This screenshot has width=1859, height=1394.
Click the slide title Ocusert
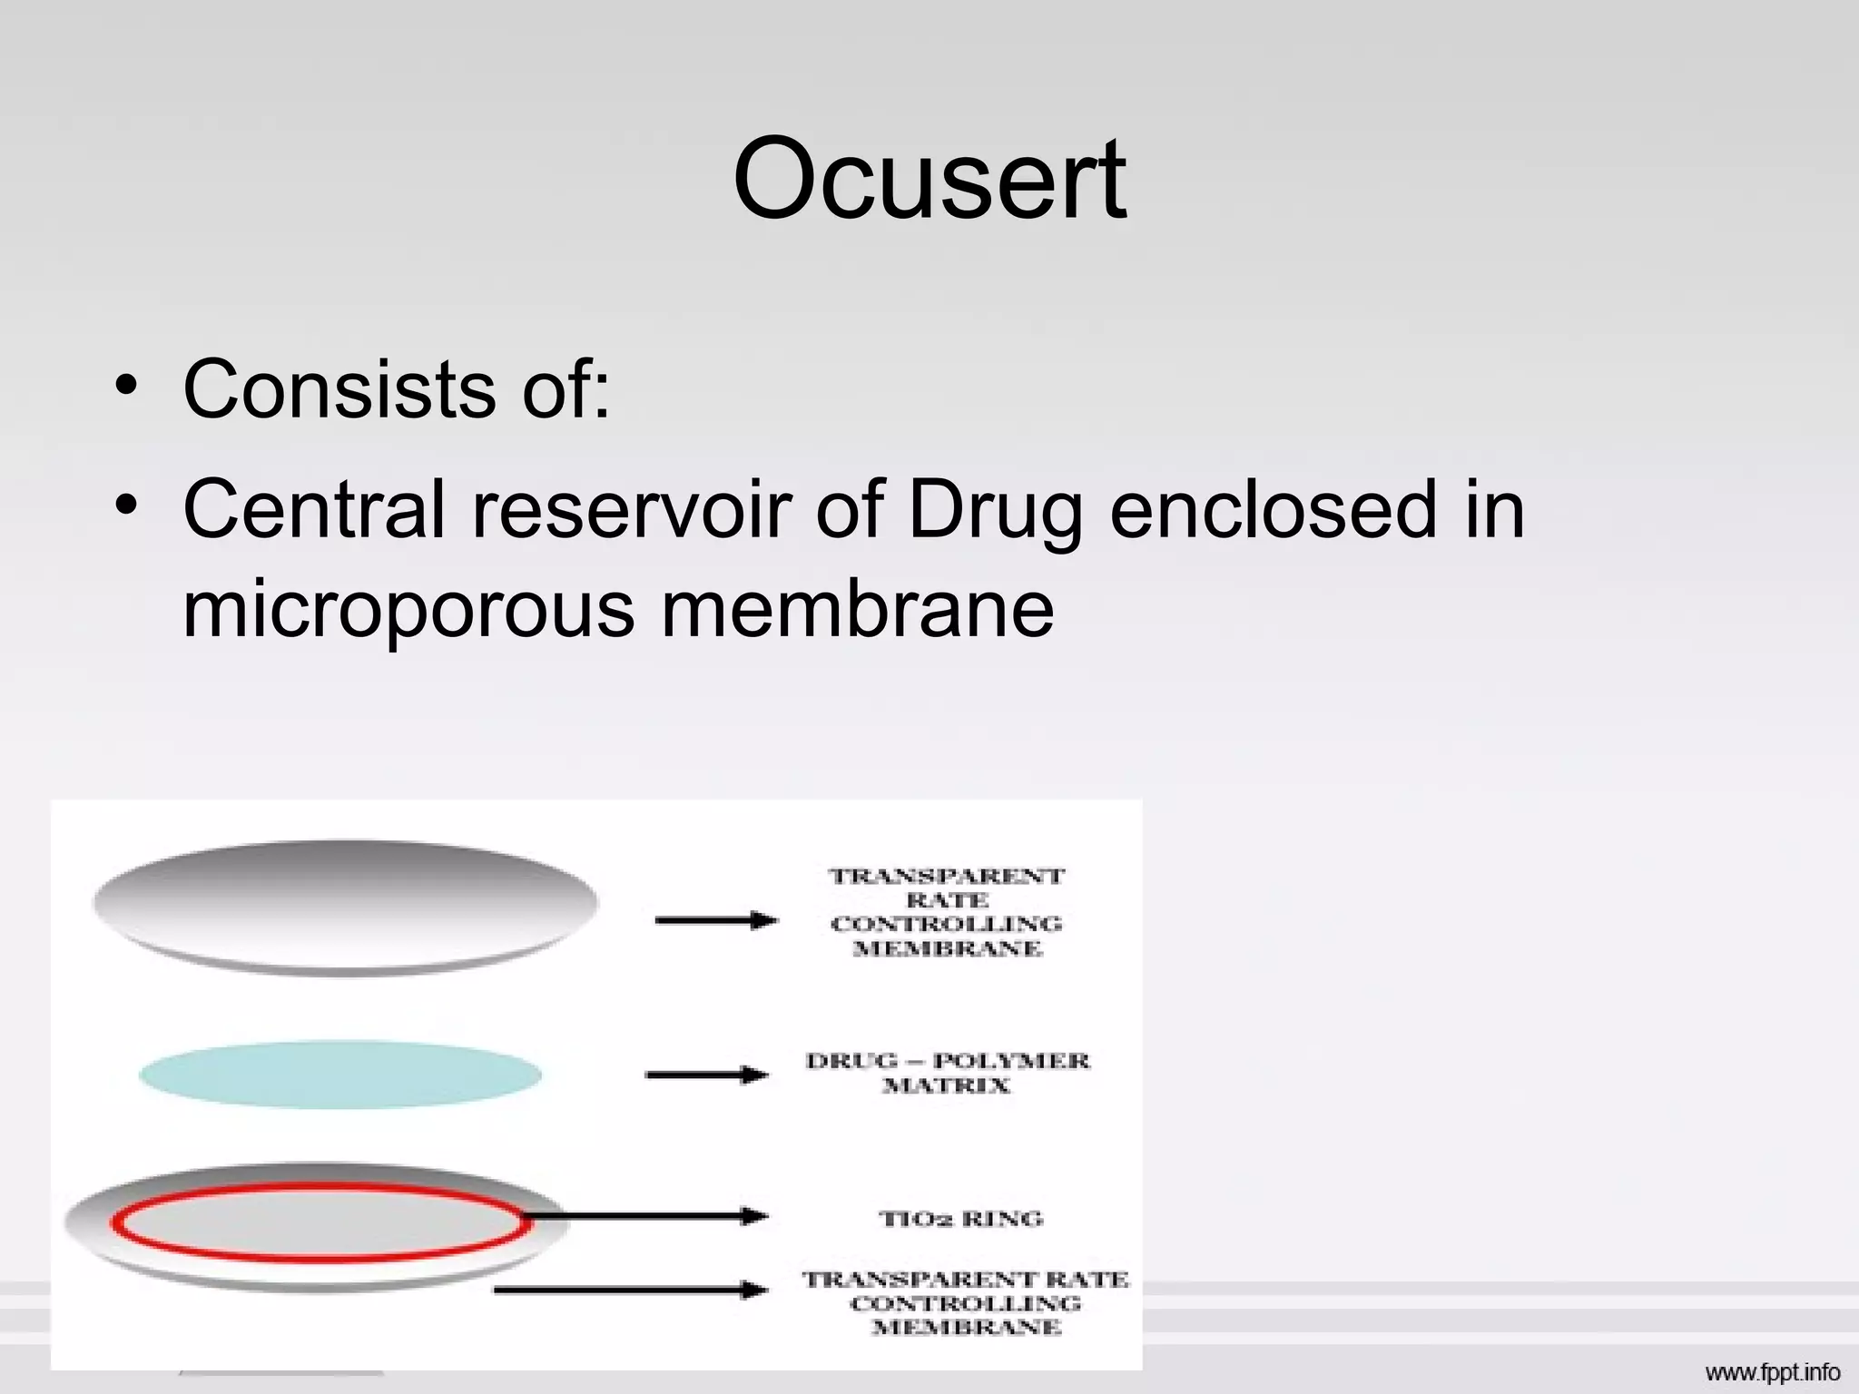[x=929, y=178]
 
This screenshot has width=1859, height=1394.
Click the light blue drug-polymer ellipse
[x=340, y=1075]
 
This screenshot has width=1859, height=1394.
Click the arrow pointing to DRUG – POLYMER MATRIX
[x=707, y=1075]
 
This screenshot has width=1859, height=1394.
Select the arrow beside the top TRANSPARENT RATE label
[x=716, y=920]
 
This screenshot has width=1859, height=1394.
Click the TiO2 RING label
[x=961, y=1218]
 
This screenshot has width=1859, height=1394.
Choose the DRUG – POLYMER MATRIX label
[x=947, y=1073]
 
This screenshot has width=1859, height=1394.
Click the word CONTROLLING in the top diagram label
[x=946, y=924]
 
